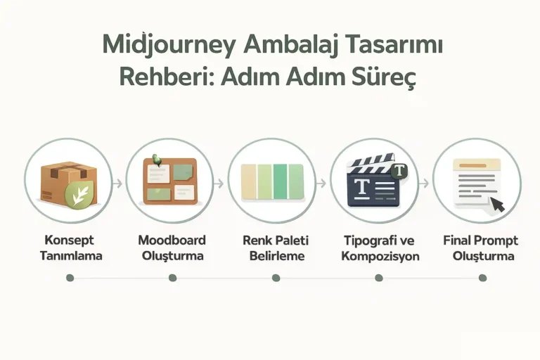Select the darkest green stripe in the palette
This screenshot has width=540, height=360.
pyautogui.click(x=279, y=181)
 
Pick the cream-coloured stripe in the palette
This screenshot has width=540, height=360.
pyautogui.click(x=249, y=181)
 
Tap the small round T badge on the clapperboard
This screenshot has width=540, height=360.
pyautogui.click(x=399, y=170)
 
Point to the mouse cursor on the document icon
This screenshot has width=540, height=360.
pyautogui.click(x=498, y=205)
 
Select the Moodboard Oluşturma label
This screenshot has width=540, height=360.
pyautogui.click(x=172, y=247)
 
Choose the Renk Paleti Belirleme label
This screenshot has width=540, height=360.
pyautogui.click(x=276, y=247)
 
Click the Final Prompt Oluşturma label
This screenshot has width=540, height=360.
pyautogui.click(x=482, y=247)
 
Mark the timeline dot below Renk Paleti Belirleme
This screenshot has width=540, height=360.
pyautogui.click(x=276, y=278)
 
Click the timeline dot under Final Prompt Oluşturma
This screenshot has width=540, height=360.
pyautogui.click(x=482, y=278)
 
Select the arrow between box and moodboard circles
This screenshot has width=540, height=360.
pyautogui.click(x=118, y=183)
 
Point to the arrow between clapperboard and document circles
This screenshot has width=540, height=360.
pyautogui.click(x=425, y=183)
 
